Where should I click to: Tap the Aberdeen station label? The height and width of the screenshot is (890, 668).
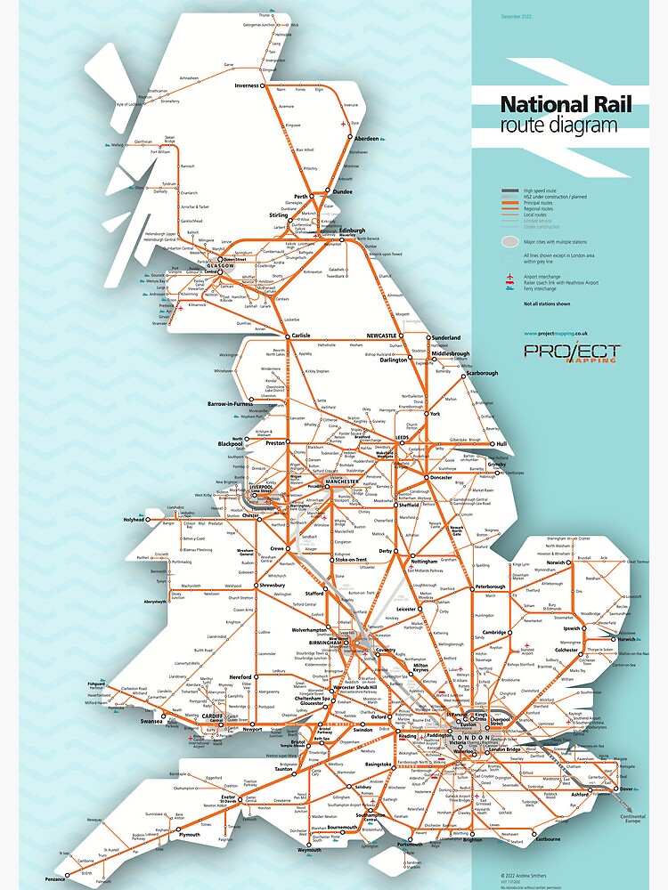367,139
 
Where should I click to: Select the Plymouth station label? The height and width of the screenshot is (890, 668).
189,835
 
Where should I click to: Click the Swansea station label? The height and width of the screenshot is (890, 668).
151,722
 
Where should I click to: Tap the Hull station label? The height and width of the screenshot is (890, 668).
501,442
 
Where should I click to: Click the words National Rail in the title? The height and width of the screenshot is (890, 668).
566,105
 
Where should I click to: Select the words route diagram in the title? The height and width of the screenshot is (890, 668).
558,125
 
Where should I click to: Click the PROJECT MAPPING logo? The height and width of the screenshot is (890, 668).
571,352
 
